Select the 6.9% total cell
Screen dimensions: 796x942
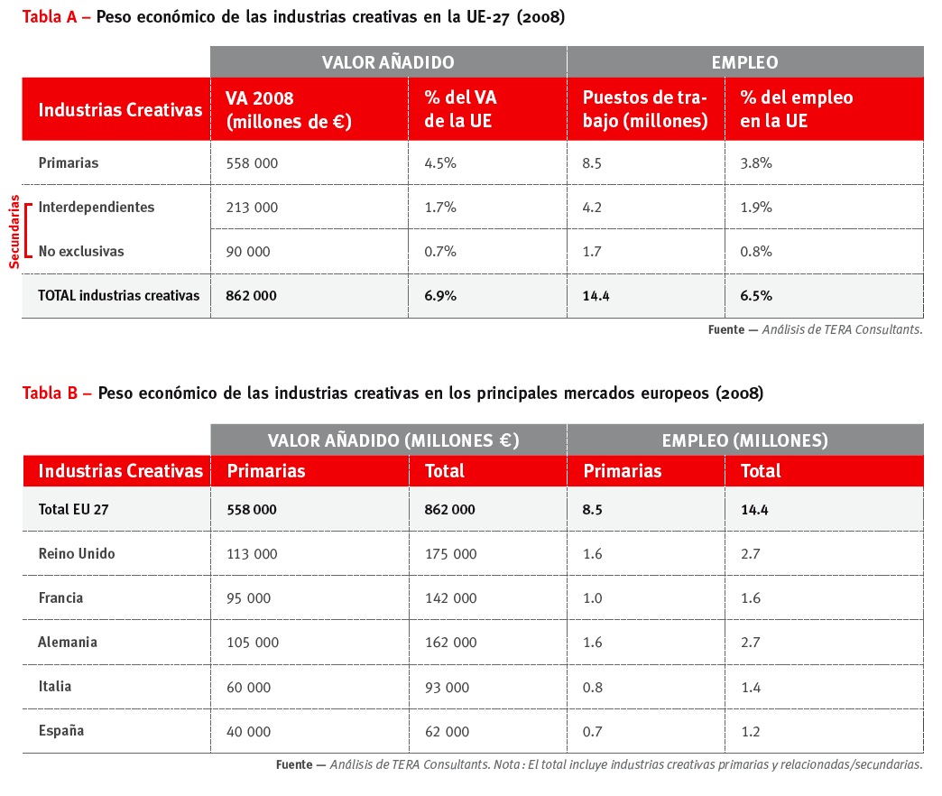click(439, 296)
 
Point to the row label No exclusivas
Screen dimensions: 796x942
click(81, 252)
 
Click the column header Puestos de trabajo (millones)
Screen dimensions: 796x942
click(645, 109)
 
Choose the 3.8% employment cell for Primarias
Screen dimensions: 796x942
click(755, 163)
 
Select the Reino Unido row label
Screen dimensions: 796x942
click(77, 554)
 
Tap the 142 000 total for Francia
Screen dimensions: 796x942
click(450, 598)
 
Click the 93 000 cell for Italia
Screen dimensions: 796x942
click(447, 687)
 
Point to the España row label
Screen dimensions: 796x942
click(61, 731)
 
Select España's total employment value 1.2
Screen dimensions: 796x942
click(751, 731)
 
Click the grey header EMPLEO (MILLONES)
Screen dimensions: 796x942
click(744, 440)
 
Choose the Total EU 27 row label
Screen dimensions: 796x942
click(73, 510)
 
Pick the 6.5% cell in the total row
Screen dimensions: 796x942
click(755, 296)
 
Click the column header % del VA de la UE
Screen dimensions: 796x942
click(460, 109)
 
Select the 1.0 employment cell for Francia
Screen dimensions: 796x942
click(593, 598)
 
